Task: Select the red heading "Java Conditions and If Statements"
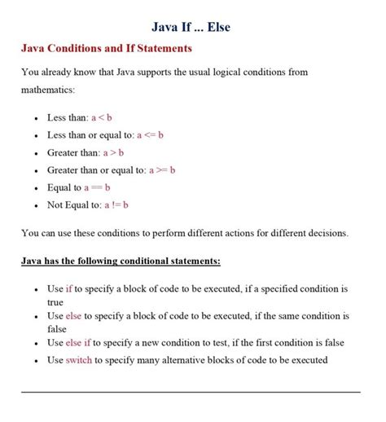click(x=106, y=49)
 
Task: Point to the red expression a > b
click(x=113, y=152)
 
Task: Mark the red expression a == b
click(x=97, y=187)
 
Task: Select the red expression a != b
click(x=117, y=205)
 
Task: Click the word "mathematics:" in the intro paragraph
click(x=48, y=90)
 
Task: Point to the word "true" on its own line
click(x=55, y=301)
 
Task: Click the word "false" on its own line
click(x=57, y=328)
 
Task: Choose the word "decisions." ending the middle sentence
click(x=325, y=233)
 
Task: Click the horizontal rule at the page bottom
click(x=191, y=392)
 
